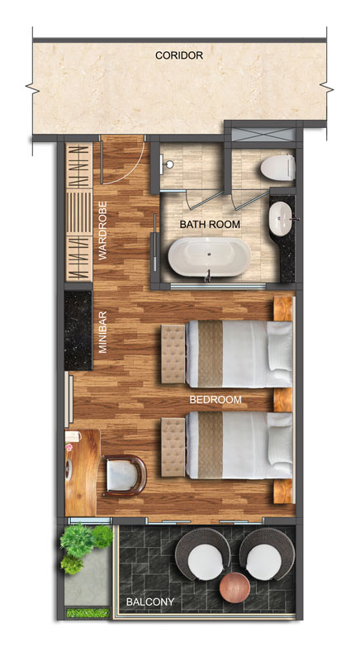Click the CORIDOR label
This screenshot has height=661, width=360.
[179, 55]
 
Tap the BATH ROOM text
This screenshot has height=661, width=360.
[210, 224]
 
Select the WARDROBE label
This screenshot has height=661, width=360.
[102, 231]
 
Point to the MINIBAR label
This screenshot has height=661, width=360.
[102, 332]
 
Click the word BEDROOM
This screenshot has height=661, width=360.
[216, 400]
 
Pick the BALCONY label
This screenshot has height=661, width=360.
[150, 602]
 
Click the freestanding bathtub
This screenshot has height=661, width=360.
[209, 257]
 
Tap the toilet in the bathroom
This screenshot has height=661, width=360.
[277, 168]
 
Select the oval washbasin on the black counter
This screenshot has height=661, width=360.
[281, 219]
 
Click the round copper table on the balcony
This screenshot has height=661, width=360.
[234, 587]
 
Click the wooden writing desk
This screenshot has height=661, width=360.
[82, 472]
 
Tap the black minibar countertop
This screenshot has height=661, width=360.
[78, 330]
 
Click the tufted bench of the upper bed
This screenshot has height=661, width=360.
[173, 354]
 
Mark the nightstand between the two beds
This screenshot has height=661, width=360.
[283, 400]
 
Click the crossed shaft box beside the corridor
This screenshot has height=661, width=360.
[263, 134]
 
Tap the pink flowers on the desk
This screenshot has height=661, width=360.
[69, 447]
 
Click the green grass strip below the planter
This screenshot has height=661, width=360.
[88, 612]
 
